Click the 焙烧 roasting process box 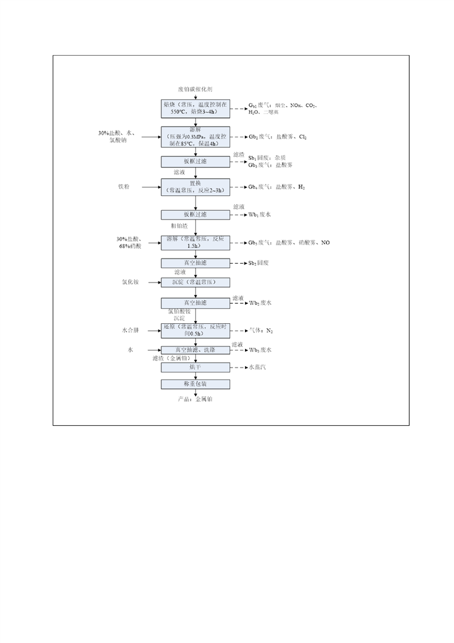coord(195,108)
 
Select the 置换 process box coord(195,187)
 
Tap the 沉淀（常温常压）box coord(195,283)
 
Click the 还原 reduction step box coord(195,330)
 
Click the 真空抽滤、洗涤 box coord(195,350)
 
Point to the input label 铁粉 coord(125,187)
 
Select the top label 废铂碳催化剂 coord(195,90)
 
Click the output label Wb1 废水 coord(259,215)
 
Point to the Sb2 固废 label coord(258,263)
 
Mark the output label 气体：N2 coord(261,331)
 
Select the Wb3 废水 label coord(259,350)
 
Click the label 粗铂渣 coord(179,226)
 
